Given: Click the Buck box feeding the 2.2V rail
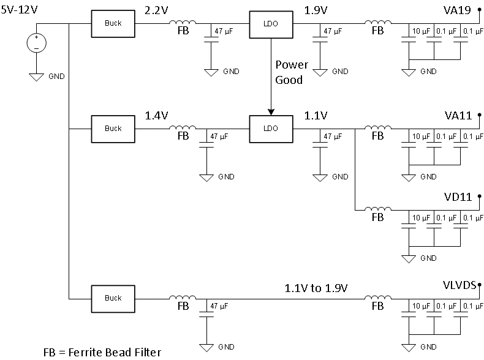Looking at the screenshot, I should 113,23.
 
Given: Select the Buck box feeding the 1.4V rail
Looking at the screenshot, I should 113,129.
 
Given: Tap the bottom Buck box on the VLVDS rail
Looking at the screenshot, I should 113,298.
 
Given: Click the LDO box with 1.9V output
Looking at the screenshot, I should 270,23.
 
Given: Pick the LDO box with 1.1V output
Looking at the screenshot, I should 270,129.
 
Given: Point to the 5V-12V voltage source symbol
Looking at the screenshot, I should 36,43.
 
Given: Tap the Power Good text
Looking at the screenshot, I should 289,72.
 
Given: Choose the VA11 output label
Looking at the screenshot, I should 458,116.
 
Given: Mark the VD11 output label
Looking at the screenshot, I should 458,198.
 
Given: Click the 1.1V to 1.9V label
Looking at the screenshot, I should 316,287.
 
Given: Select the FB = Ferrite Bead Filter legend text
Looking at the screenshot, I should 102,352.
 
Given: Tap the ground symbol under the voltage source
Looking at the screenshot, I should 36,77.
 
